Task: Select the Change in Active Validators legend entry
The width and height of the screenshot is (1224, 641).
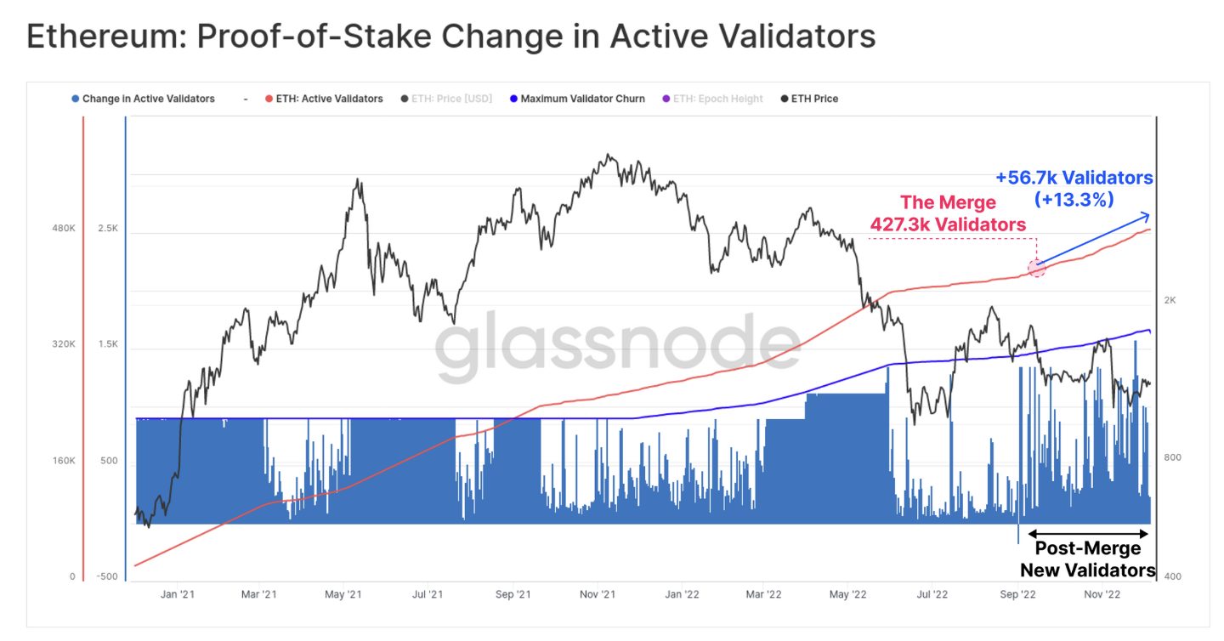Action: [x=148, y=99]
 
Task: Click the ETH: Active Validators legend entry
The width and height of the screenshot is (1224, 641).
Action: [x=329, y=99]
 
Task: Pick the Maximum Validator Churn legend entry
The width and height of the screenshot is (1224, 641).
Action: [x=582, y=99]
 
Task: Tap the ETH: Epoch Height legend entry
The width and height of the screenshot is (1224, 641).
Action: [x=717, y=99]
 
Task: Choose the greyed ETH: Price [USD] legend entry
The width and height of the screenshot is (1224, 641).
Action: [x=451, y=99]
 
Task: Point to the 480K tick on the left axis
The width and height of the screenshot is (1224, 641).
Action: [x=65, y=229]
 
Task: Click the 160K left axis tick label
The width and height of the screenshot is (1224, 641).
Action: [x=65, y=461]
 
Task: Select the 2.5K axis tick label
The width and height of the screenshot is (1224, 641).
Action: [x=108, y=229]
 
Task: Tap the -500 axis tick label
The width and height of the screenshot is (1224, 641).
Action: [x=108, y=576]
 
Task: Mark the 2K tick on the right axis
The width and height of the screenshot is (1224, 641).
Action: [x=1170, y=300]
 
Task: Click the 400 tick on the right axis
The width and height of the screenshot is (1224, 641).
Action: [x=1172, y=576]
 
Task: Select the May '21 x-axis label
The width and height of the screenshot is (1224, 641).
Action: [x=344, y=594]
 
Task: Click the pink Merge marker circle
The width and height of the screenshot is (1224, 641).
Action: [x=1035, y=268]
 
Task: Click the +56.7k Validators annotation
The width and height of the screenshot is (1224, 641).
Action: [x=1074, y=178]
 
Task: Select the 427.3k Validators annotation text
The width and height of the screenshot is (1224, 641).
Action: [x=948, y=224]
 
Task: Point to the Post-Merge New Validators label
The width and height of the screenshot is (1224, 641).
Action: [x=1088, y=559]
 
